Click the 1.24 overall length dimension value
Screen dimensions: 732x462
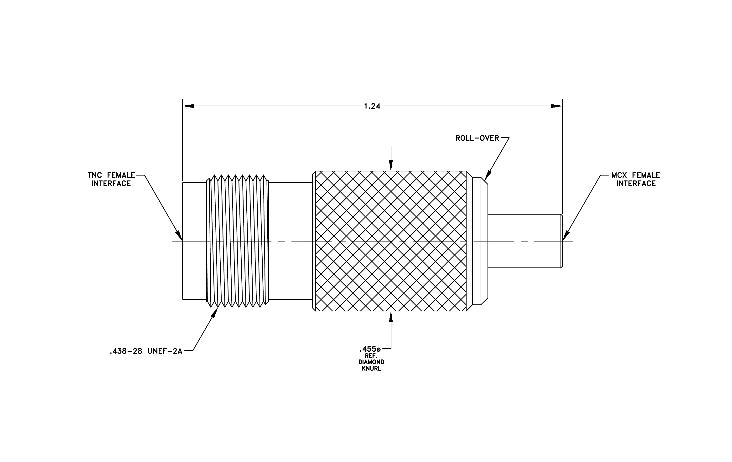point(372,106)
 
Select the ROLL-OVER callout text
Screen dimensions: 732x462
point(477,138)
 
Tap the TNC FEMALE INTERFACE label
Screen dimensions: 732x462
point(111,179)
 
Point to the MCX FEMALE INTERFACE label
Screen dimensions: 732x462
point(636,179)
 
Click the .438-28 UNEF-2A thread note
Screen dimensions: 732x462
point(146,351)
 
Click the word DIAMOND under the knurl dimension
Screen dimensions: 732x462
point(371,362)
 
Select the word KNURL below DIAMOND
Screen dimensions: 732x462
point(371,369)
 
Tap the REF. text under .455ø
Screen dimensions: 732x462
point(371,356)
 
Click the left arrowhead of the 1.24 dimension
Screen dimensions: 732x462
point(188,106)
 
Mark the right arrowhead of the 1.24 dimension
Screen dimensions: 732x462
point(557,106)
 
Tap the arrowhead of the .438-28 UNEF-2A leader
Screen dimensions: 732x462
point(215,312)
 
